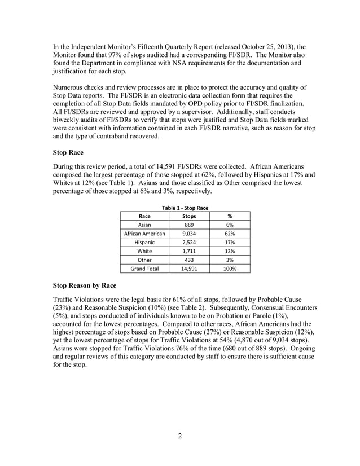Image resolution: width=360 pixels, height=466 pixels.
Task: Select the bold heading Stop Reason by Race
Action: click(x=84, y=286)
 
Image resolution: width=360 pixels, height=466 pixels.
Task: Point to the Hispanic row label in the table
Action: click(x=144, y=242)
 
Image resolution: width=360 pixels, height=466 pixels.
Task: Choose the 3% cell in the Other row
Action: click(x=229, y=260)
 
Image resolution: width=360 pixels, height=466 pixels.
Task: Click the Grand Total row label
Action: click(x=144, y=269)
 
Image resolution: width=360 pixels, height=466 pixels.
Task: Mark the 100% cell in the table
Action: click(x=229, y=269)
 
